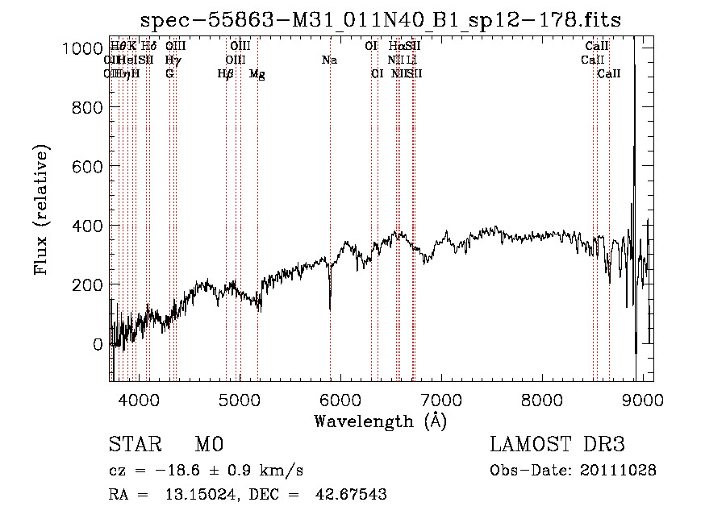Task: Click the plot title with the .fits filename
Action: (381, 20)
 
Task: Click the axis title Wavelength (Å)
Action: (380, 421)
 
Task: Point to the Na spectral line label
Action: (329, 60)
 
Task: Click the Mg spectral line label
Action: (257, 74)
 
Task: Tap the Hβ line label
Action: (226, 74)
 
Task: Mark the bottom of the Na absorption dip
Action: (330, 309)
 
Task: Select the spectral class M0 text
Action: (208, 445)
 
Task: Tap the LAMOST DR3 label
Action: (557, 445)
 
